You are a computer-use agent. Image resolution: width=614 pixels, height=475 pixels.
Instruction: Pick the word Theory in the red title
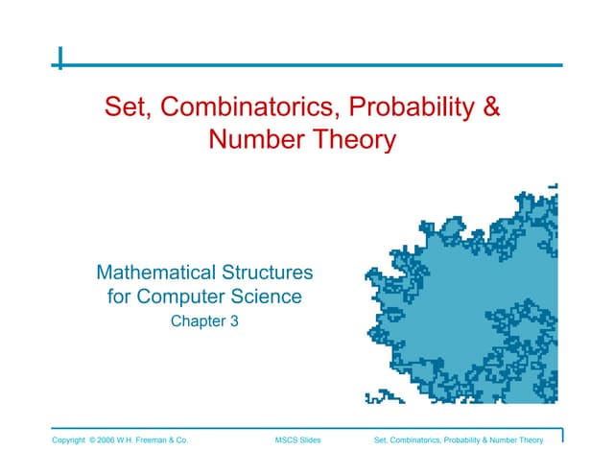pos(353,140)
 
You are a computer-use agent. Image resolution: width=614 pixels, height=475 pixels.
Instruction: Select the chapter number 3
pos(233,322)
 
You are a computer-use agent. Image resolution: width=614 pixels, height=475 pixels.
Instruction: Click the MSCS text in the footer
pos(285,440)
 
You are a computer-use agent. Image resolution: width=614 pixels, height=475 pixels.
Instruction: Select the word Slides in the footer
pos(309,440)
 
